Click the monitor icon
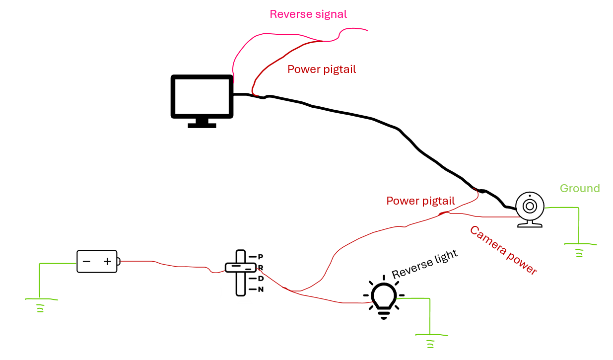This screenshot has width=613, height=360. click(x=202, y=97)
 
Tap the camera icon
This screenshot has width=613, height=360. click(x=530, y=209)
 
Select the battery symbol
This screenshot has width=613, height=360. click(x=98, y=261)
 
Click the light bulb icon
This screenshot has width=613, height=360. click(x=384, y=297)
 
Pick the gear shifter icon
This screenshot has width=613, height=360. click(x=241, y=272)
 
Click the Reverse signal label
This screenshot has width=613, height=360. click(x=308, y=14)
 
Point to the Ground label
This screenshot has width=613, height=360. click(x=580, y=189)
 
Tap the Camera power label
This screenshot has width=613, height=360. click(x=503, y=250)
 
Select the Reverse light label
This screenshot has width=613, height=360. click(x=424, y=265)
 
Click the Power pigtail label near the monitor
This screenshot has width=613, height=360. click(x=322, y=70)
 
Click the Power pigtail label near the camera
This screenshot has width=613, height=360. click(x=420, y=201)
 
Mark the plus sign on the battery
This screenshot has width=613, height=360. click(x=107, y=261)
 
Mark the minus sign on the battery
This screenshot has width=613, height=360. click(x=86, y=261)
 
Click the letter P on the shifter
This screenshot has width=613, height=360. click(x=261, y=256)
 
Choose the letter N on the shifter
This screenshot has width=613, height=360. click(x=261, y=289)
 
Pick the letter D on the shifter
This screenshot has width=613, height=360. click(x=261, y=278)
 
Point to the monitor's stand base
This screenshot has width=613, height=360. click(x=202, y=125)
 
